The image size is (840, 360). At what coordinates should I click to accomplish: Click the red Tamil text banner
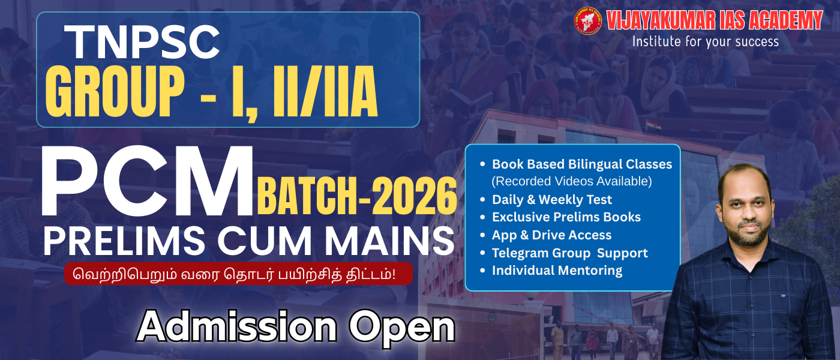coord(238,274)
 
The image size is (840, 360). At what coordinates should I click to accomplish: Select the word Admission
coord(236,327)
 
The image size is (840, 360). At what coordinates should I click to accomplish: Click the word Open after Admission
coord(402,327)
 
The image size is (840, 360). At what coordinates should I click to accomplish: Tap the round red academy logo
coord(587,21)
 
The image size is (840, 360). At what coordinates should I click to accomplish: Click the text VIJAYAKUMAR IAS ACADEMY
coord(714,20)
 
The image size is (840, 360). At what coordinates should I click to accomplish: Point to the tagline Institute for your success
coord(705,41)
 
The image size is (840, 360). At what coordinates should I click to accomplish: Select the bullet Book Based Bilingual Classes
coord(581,164)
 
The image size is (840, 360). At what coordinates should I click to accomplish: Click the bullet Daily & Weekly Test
coord(551,199)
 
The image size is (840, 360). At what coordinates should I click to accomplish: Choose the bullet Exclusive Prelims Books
coord(566,217)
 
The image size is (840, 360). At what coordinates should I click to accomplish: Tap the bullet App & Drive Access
coord(551,235)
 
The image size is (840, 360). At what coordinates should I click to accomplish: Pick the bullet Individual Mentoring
coord(557,271)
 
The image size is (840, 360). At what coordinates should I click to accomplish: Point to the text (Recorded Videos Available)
coord(571,181)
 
